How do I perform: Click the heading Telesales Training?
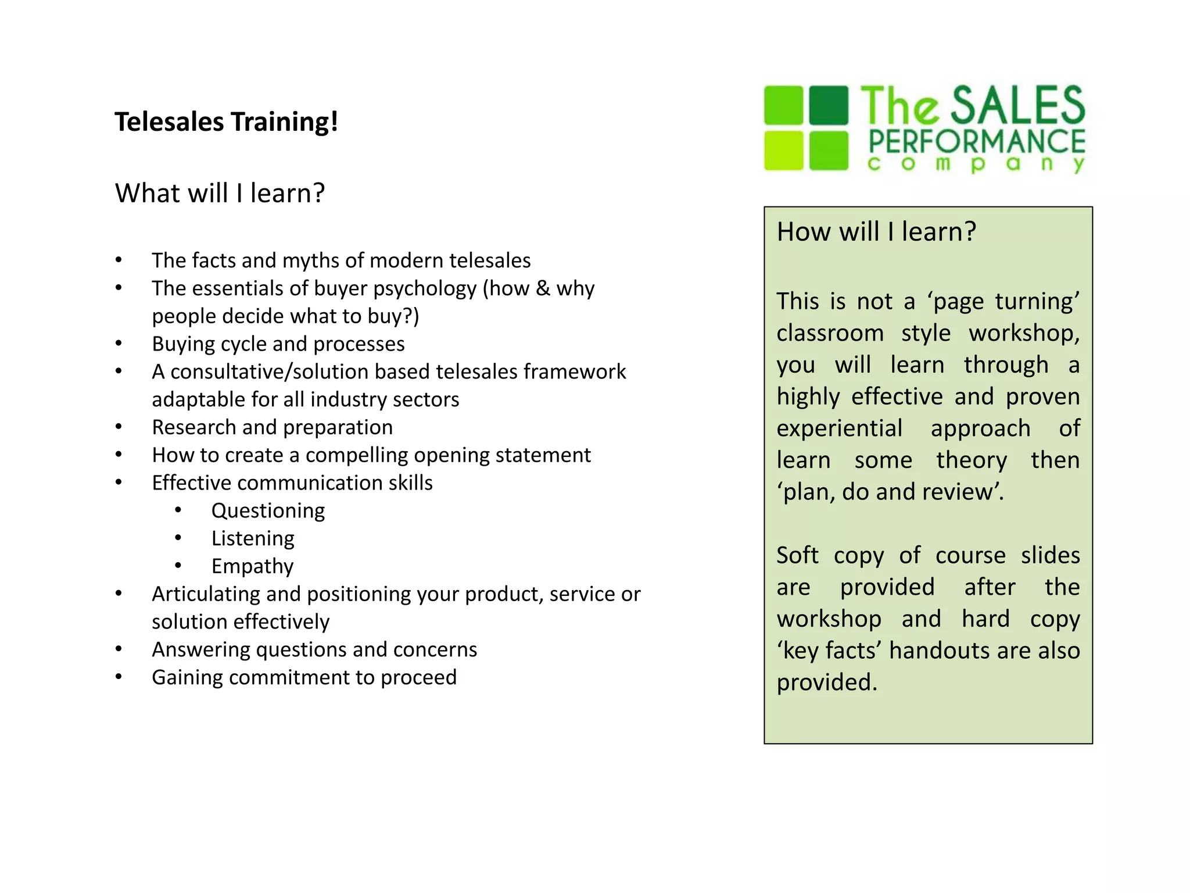coord(226,122)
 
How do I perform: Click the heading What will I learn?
coord(220,193)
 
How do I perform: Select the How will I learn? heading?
coord(876,232)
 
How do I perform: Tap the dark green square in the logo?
coord(829,105)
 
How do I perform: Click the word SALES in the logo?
coord(1017,105)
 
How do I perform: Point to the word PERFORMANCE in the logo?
coord(976,142)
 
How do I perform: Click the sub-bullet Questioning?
coord(268,510)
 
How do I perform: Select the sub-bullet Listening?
coord(253,538)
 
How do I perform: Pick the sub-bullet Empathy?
coord(252,566)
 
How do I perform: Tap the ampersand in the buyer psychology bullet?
coord(543,288)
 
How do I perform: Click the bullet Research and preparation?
coord(272,427)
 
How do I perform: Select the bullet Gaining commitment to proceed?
coord(304,677)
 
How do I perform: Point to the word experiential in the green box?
coord(839,428)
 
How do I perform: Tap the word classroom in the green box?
coord(830,334)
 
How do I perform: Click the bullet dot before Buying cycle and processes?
coord(119,344)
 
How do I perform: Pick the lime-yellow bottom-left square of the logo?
coord(783,151)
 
